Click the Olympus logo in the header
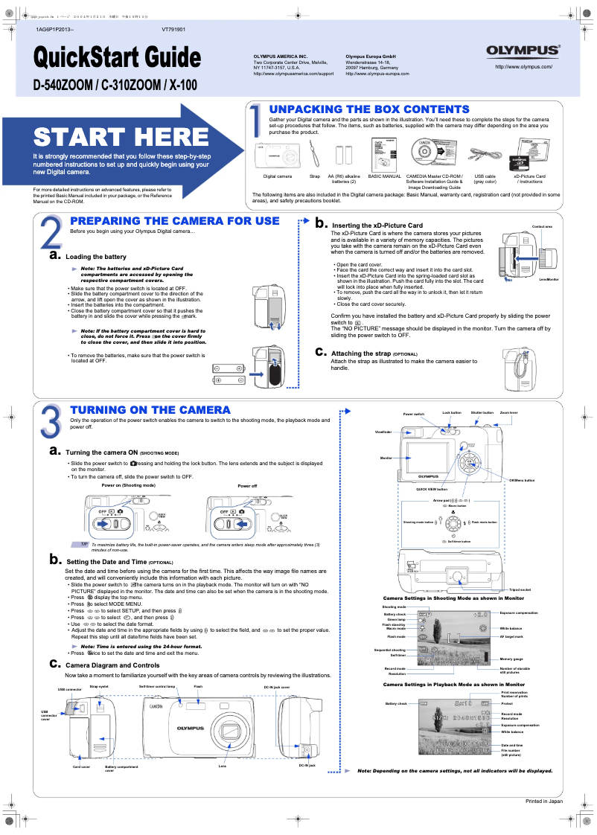pyautogui.click(x=523, y=51)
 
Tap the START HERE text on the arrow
pyautogui.click(x=121, y=137)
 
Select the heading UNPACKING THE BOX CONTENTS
pyautogui.click(x=369, y=109)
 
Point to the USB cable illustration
pyautogui.click(x=485, y=156)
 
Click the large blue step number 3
pyautogui.click(x=51, y=421)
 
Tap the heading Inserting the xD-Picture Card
pyautogui.click(x=377, y=225)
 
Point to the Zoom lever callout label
pyautogui.click(x=509, y=412)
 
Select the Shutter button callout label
pyautogui.click(x=482, y=412)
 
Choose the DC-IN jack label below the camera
pyautogui.click(x=307, y=765)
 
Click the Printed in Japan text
pyautogui.click(x=544, y=801)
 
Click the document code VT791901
pyautogui.click(x=173, y=30)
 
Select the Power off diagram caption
pyautogui.click(x=247, y=485)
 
